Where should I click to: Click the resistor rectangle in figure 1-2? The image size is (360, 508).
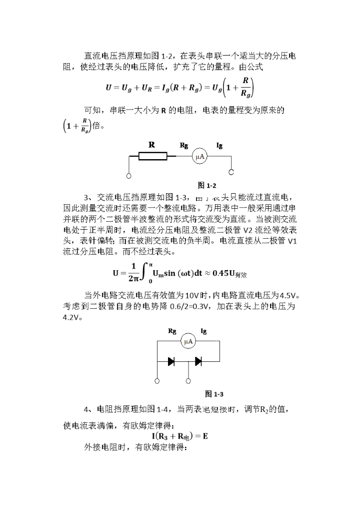coord(153,157)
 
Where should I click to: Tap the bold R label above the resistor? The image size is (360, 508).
coord(152,145)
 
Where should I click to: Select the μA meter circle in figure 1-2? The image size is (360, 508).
coord(200,157)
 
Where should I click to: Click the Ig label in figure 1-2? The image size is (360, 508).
coord(219,145)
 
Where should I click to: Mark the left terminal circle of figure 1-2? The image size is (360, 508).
coord(129,176)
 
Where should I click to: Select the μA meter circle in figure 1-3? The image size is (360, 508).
coord(188,342)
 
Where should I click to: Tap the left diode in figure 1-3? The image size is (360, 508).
coord(171,361)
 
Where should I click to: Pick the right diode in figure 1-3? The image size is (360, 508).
coord(198,361)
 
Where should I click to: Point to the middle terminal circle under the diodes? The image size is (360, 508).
coord(188,381)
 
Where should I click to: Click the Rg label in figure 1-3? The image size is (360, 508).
coord(171,331)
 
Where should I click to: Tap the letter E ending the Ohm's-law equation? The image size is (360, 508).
coord(204,436)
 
